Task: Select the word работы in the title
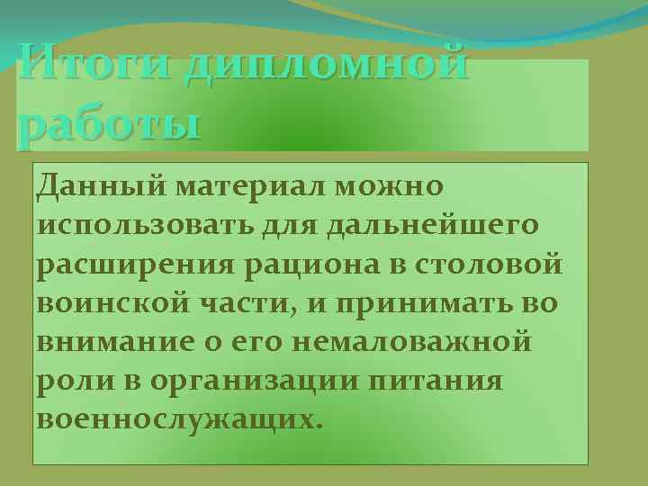pos(109,123)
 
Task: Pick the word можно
pos(390,186)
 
